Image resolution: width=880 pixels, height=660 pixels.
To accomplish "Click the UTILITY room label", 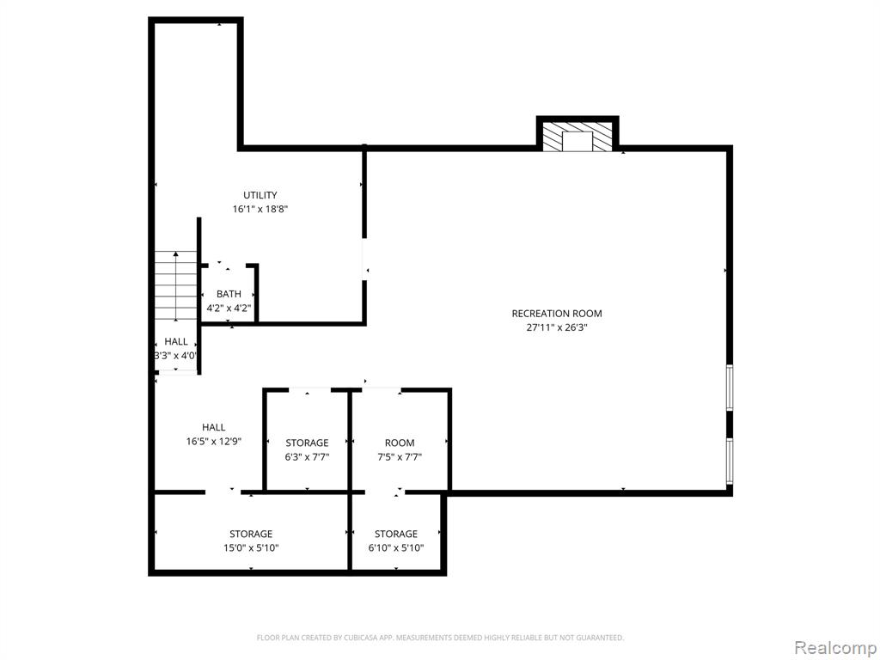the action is (x=260, y=195).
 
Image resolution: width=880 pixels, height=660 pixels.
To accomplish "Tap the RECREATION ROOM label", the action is (x=557, y=314).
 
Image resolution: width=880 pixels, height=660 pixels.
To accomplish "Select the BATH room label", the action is (x=229, y=294).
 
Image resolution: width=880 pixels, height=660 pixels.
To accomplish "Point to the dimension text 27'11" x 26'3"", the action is (x=557, y=327).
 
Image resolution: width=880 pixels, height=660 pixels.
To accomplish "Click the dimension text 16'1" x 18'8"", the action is (x=260, y=210).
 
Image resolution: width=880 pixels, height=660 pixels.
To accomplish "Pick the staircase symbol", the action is (x=175, y=285).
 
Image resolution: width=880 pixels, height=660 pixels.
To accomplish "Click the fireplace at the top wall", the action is (x=577, y=135).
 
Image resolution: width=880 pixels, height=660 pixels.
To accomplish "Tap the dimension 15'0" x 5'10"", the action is (x=251, y=547).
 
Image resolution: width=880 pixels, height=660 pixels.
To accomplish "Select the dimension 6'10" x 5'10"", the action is (x=396, y=547).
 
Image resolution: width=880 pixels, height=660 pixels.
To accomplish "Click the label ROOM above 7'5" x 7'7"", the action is (x=400, y=443).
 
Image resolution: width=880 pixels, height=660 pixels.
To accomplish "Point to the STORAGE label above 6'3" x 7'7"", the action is (x=307, y=443).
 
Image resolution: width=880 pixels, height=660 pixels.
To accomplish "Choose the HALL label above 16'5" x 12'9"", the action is (x=214, y=428).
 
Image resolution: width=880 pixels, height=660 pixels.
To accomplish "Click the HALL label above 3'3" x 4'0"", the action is (x=176, y=342).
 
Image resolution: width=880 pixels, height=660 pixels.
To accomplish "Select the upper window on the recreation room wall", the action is (x=730, y=388).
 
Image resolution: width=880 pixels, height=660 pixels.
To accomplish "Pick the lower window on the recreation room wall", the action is (x=730, y=461).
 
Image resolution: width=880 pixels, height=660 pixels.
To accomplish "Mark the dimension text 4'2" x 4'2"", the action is (x=229, y=309).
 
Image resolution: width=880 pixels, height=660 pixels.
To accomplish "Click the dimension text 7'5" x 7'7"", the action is (x=400, y=457).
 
